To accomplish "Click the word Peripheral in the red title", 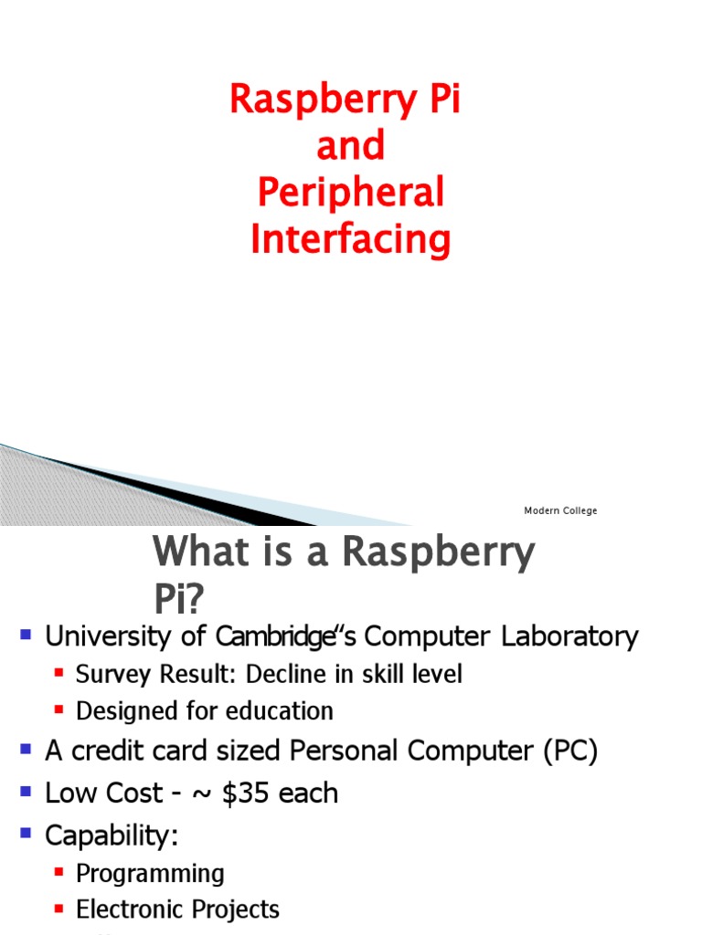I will [x=351, y=194].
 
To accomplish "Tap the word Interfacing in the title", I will [x=351, y=240].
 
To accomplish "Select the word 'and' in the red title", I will [x=351, y=146].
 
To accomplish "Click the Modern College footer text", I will [x=560, y=510].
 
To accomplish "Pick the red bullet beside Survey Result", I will [x=59, y=673].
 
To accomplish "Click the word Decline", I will [x=293, y=675].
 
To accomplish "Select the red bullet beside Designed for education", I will [x=59, y=709].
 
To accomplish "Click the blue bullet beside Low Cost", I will [x=25, y=791].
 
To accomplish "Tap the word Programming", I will [x=150, y=874].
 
